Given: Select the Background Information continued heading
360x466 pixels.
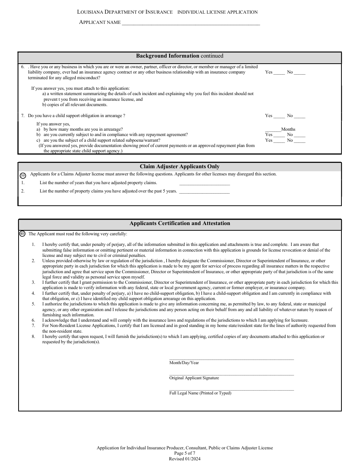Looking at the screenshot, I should (x=180, y=56).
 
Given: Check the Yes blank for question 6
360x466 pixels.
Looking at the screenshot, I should (x=279, y=72).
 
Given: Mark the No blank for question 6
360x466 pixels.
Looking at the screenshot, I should (x=299, y=72).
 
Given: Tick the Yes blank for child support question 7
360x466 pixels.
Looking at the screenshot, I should (x=279, y=116).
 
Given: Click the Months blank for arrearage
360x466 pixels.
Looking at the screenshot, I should (x=273, y=130).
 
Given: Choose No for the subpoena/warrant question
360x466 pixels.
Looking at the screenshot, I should (x=299, y=141).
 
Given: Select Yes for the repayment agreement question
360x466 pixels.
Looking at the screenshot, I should (x=279, y=135).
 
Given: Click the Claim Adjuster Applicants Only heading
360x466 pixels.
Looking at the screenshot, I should (x=180, y=167).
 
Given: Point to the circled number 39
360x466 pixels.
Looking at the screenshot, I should (x=23, y=175).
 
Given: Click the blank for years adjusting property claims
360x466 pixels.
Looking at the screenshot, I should (x=205, y=183).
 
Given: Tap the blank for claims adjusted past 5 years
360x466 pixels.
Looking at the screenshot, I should (x=204, y=191).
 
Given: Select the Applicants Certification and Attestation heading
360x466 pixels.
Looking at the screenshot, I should (x=180, y=224).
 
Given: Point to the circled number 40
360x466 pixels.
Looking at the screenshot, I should (x=22, y=234).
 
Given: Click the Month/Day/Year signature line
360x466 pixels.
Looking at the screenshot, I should (x=231, y=358).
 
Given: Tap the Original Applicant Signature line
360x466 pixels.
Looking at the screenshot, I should (x=231, y=374).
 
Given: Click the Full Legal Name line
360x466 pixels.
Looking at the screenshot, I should (x=231, y=389).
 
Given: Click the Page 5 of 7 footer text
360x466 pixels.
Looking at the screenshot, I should (x=185, y=453).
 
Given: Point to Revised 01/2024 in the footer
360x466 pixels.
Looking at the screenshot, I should (x=185, y=459).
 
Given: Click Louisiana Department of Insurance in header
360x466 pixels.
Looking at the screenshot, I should (x=125, y=12).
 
